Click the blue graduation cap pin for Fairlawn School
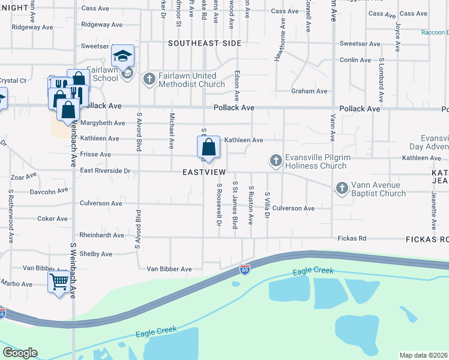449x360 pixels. point(123,56)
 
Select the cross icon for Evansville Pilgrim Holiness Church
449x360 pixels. point(276,160)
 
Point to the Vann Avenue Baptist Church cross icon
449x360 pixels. point(342,188)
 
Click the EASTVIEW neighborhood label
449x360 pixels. point(204,172)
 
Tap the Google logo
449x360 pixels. point(20,353)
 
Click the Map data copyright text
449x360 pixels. point(423,355)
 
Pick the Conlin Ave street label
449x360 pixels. point(355,60)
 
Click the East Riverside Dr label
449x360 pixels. point(105,171)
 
